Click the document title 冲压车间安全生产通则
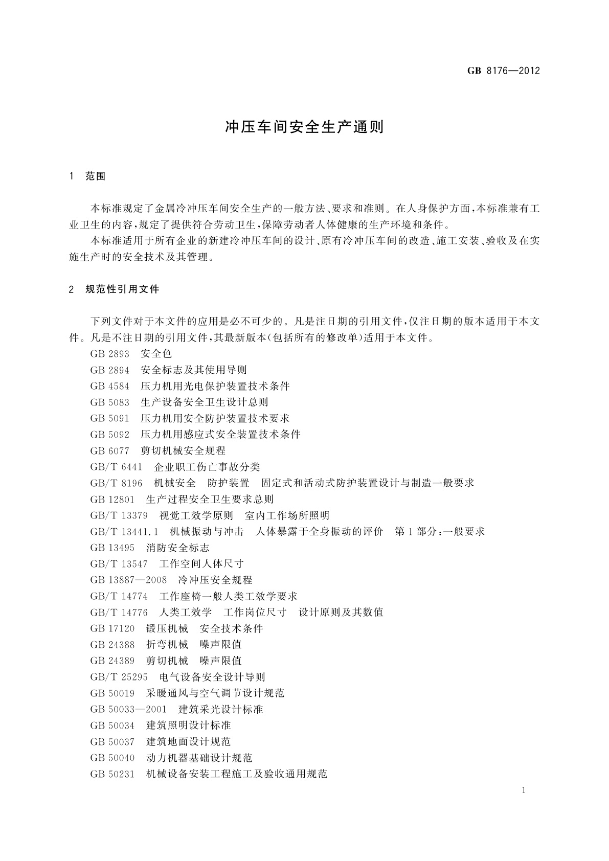point(304,127)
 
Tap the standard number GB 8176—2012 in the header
point(504,71)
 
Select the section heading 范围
point(96,176)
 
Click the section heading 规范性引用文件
point(123,289)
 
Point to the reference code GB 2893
point(110,354)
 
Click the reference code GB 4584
point(110,386)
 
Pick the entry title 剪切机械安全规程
point(183,451)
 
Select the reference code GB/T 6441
point(116,467)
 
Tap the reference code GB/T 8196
point(116,483)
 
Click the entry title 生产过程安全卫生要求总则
point(210,500)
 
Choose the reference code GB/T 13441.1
point(124,532)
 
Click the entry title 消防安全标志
point(178,548)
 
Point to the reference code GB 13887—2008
point(128,580)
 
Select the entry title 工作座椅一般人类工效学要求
point(228,596)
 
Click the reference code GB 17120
point(112,628)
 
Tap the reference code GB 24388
point(112,645)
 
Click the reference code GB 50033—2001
point(128,710)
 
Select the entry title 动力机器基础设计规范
point(199,758)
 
